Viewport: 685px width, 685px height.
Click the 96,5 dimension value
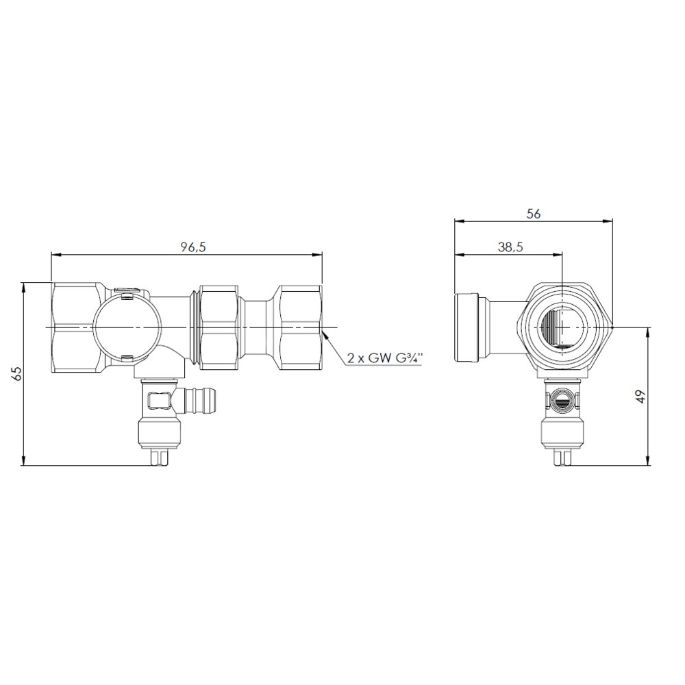[193, 247]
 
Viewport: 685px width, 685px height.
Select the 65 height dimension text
[16, 374]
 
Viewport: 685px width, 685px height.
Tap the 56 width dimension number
[534, 214]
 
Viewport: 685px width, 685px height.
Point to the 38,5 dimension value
[510, 247]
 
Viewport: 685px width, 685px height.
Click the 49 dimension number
[641, 397]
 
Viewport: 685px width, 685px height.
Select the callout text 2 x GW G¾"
[384, 358]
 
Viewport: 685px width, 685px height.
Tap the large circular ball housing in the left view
[123, 327]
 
